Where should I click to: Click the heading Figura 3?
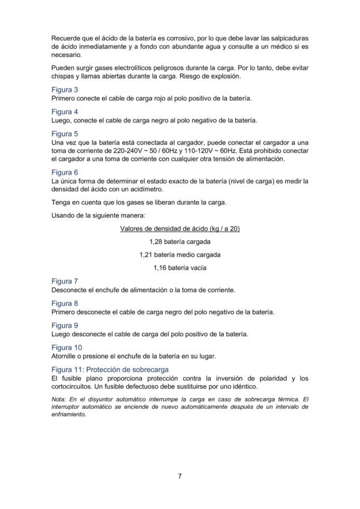(64, 89)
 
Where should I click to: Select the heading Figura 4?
(64, 112)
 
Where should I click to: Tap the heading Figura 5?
(64, 134)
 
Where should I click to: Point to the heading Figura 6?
(64, 172)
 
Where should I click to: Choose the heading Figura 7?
(64, 281)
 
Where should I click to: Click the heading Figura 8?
(64, 303)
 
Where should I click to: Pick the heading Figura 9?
(64, 325)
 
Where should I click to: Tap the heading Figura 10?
(66, 348)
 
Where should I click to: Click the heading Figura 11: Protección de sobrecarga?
(110, 369)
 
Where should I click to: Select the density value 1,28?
(156, 241)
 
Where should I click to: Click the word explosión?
(221, 76)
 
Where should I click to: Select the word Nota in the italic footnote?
(59, 399)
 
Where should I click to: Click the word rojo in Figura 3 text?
(150, 98)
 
